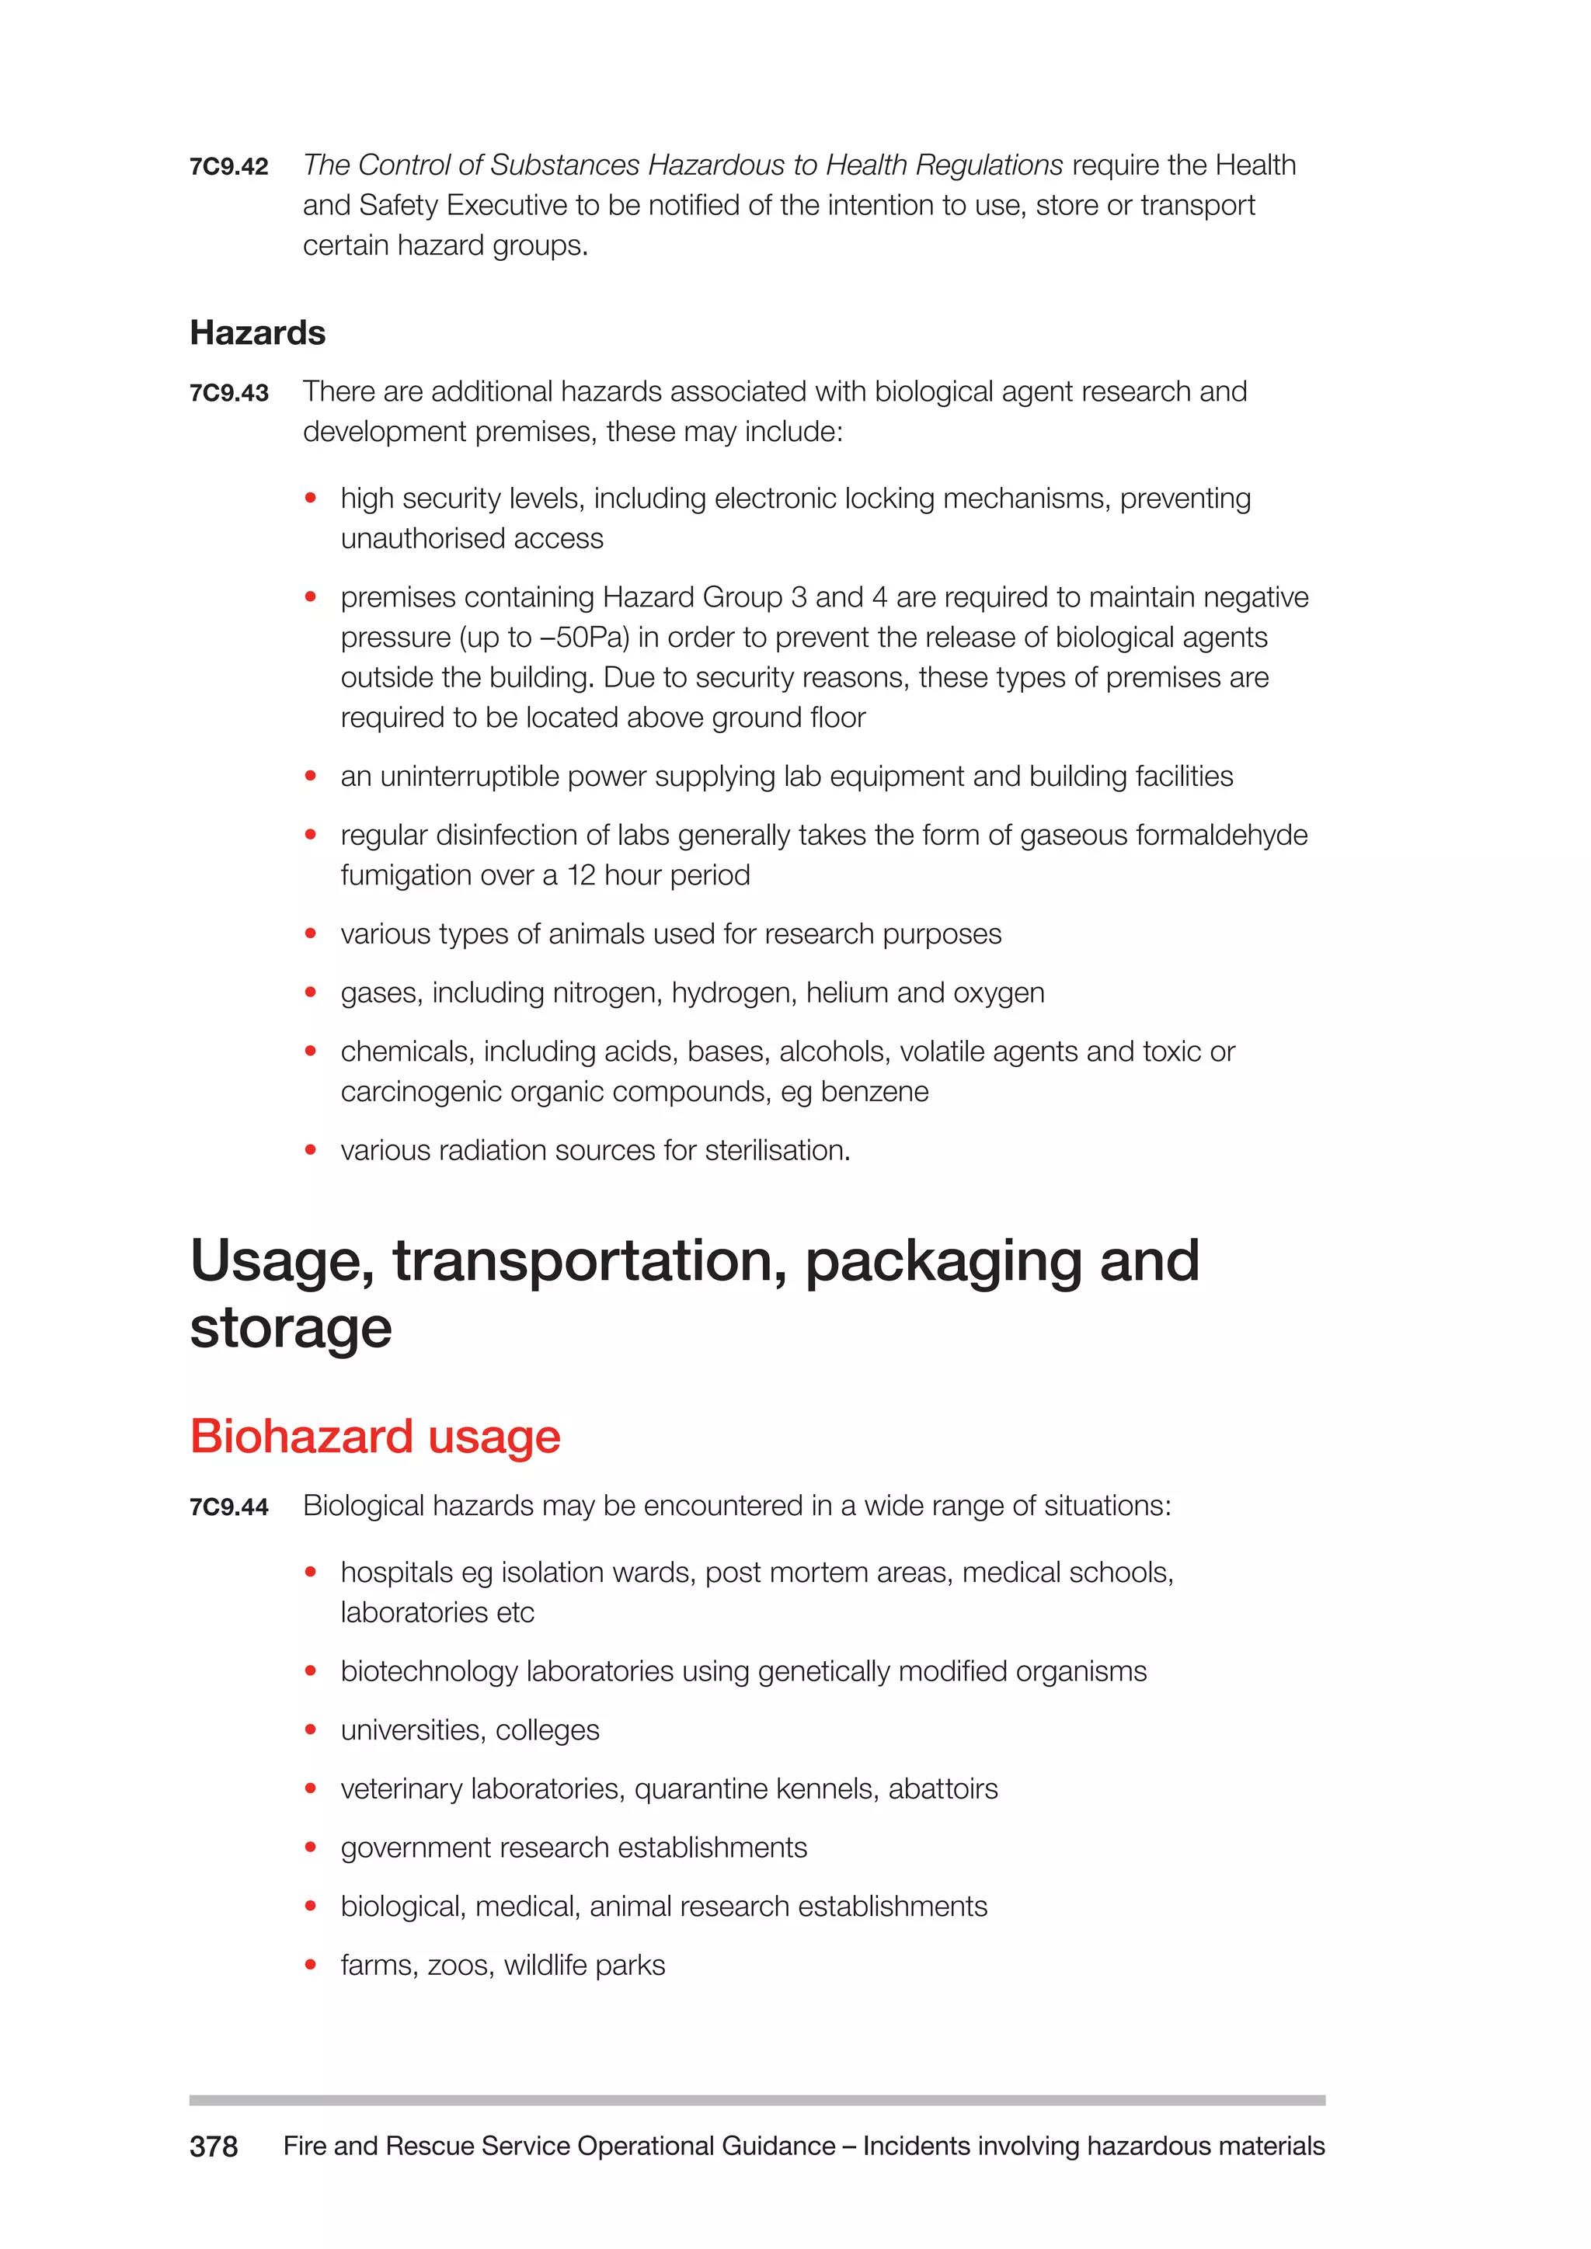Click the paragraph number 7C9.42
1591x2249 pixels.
228,166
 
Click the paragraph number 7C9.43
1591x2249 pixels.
228,393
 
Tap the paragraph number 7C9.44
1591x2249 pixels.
228,1507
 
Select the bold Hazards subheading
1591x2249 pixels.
256,333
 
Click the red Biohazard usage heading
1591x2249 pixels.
374,1437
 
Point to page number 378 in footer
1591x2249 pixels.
213,2146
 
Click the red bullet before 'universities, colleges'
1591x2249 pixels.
311,1729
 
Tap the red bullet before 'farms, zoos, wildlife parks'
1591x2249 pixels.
311,1965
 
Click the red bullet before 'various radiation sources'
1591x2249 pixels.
311,1150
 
